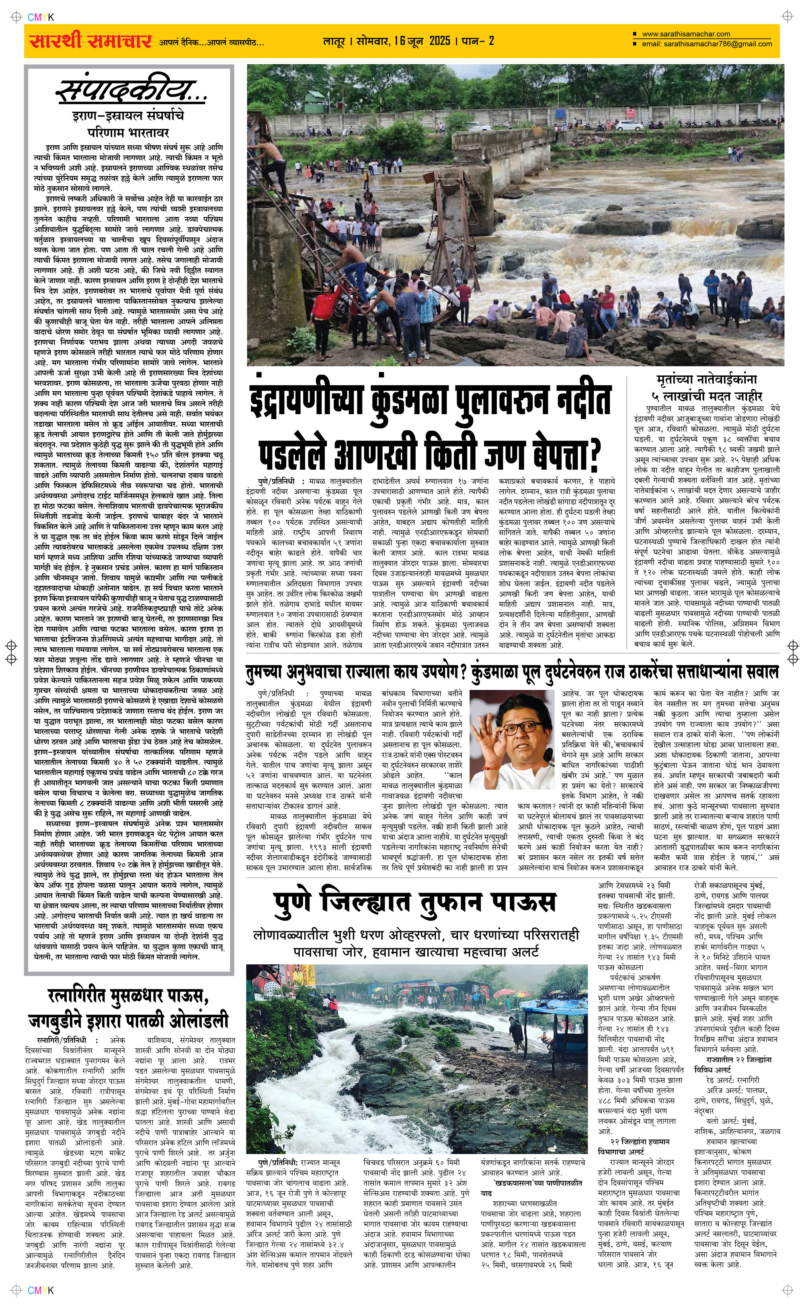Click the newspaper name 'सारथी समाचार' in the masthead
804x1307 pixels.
88,41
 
